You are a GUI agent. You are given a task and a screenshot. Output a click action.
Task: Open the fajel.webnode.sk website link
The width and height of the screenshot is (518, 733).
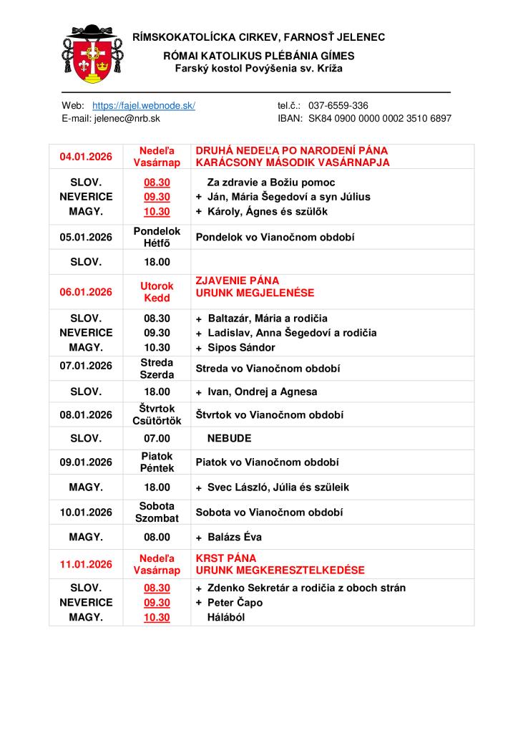click(144, 105)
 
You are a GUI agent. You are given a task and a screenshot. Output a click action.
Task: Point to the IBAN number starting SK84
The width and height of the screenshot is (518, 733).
click(379, 119)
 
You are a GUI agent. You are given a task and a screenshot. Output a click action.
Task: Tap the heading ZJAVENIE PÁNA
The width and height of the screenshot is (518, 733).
click(238, 281)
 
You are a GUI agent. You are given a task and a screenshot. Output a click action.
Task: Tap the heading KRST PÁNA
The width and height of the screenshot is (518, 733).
click(226, 558)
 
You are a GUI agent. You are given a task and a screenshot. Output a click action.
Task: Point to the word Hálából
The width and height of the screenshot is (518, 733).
click(226, 617)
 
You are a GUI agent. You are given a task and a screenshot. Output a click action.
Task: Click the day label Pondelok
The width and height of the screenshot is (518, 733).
click(157, 231)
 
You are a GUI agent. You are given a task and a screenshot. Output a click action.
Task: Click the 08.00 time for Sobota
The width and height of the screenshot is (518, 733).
click(157, 537)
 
